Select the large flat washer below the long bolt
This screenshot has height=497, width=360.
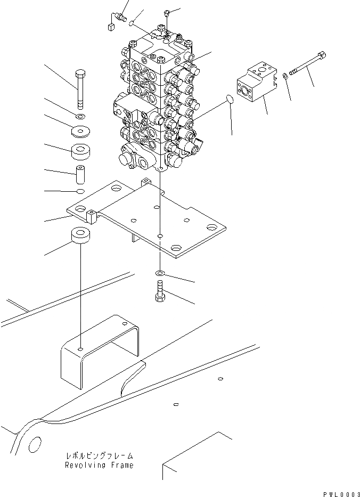coord(80,130)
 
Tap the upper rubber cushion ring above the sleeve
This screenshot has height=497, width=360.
coord(81,151)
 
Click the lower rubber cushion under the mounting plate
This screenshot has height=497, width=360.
coord(79,236)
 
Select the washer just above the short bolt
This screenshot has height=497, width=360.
coord(160,274)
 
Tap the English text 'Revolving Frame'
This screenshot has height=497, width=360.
coord(100,465)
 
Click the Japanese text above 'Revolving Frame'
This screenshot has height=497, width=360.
coord(100,457)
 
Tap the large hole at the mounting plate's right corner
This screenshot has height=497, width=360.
coord(212,229)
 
